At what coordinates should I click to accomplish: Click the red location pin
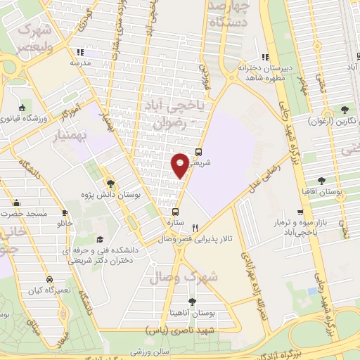coord(180,165)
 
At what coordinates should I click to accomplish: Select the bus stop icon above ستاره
coord(176,211)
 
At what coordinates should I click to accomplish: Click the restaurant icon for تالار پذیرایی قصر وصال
coord(195,228)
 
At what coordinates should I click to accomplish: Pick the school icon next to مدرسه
coord(80,51)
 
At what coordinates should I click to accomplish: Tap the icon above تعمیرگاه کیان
coord(48,278)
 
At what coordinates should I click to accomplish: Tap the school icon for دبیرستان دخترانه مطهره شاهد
coord(265,58)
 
